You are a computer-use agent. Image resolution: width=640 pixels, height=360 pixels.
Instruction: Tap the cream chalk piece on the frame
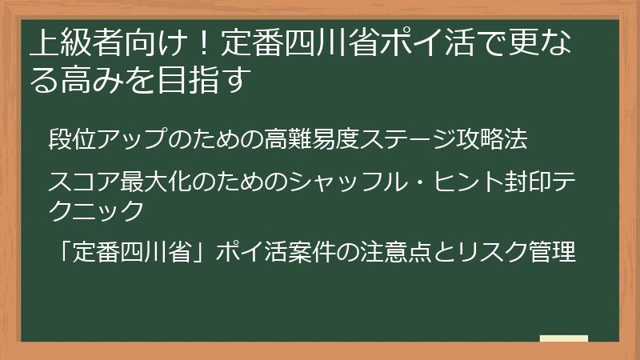[x=564, y=339]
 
